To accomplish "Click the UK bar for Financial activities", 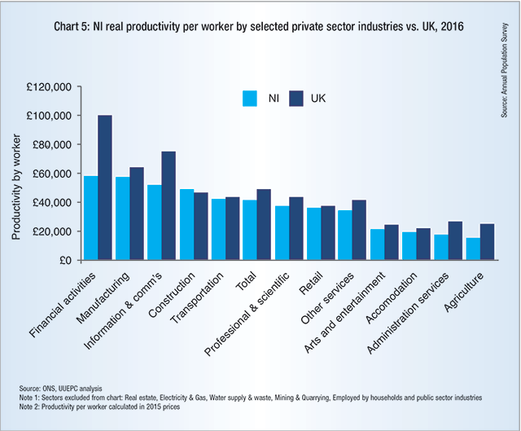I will click(x=105, y=187).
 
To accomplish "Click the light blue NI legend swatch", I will click(x=251, y=98).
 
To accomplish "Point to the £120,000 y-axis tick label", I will click(x=50, y=86).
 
